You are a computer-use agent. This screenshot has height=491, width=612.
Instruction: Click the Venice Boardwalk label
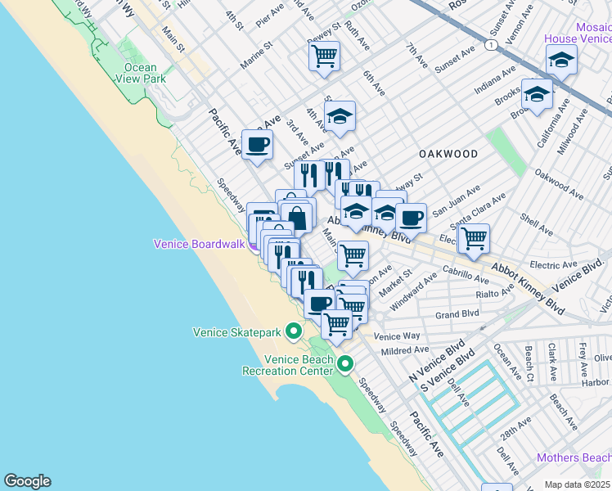coord(200,244)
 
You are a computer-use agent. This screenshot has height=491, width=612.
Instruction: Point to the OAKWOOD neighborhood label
coord(448,153)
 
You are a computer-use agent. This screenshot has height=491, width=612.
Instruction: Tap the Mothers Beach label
coord(573,457)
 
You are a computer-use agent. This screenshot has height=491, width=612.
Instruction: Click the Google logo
coord(27,481)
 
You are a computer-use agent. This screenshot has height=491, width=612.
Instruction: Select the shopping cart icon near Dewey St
coord(325,56)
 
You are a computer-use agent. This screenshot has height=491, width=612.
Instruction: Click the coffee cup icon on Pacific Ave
coord(258,145)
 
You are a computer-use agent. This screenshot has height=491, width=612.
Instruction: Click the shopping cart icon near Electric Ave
coord(474,238)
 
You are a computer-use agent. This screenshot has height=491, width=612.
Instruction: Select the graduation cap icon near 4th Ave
coord(340,116)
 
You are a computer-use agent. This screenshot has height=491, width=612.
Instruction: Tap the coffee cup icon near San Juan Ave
coord(411,218)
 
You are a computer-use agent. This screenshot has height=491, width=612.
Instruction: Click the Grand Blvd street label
coord(452,314)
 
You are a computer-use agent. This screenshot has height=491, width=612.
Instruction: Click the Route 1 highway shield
coord(488,46)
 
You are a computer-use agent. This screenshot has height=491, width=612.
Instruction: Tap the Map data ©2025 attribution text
coord(577,484)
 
